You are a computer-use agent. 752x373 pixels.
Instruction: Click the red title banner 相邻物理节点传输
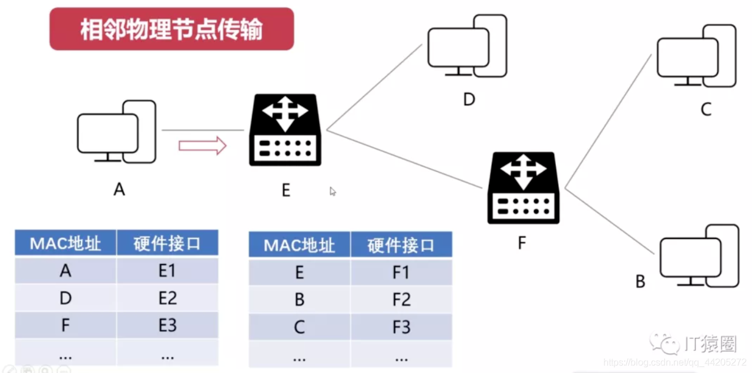(171, 29)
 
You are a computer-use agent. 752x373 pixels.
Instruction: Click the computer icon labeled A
(116, 133)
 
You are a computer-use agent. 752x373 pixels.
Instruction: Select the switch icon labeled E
(285, 130)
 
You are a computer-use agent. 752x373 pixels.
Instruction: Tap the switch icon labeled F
(523, 187)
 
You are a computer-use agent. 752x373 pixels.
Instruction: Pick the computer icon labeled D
(466, 47)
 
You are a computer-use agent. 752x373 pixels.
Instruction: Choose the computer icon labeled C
(696, 56)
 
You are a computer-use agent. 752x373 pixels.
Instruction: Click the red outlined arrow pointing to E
(203, 145)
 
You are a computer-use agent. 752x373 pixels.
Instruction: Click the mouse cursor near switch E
(333, 191)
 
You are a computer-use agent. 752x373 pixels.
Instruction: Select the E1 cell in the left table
(167, 271)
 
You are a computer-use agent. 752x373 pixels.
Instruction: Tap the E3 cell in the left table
(167, 325)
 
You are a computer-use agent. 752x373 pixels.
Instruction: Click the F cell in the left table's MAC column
(65, 325)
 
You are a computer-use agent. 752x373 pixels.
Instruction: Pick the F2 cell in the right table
(401, 300)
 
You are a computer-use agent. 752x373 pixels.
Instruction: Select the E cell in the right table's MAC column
(299, 273)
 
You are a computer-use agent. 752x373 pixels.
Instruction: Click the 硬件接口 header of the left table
(167, 243)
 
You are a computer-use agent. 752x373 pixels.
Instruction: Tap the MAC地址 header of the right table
(299, 245)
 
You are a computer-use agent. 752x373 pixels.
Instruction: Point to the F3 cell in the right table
(401, 327)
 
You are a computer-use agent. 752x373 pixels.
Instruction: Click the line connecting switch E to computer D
(374, 88)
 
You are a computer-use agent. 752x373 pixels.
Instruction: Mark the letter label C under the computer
(706, 109)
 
